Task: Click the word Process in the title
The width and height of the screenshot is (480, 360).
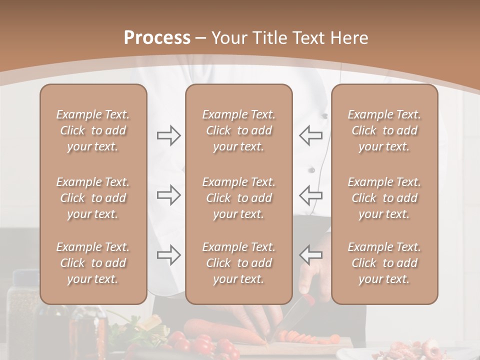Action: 157,38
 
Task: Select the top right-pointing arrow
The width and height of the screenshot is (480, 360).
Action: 168,135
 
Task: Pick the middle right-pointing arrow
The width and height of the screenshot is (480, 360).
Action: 168,195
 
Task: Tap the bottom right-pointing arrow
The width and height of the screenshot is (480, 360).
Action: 168,254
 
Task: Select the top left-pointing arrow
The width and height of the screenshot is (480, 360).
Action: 310,135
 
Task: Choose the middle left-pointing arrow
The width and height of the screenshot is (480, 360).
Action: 310,195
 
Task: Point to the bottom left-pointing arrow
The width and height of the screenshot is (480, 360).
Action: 310,254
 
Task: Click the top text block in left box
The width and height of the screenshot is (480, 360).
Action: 93,130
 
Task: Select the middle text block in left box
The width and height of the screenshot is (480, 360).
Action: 93,198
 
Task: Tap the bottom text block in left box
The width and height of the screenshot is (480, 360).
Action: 93,263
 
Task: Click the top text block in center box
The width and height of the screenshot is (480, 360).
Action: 238,130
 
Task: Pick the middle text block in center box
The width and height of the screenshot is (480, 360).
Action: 238,198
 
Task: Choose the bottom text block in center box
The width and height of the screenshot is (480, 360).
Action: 238,263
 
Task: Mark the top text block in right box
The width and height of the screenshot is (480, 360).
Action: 384,130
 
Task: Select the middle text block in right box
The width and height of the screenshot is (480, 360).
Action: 384,198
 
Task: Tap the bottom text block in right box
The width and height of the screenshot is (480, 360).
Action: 384,263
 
